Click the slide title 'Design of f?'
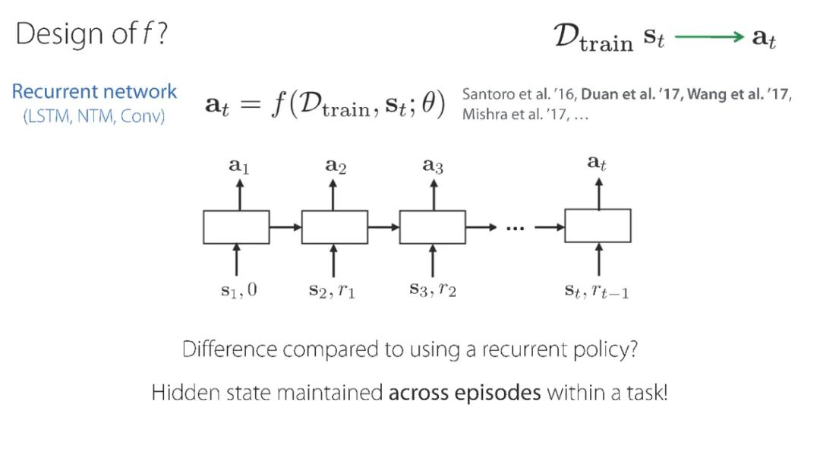tap(92, 35)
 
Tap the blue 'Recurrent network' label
tap(94, 92)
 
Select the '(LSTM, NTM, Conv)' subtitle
tap(94, 117)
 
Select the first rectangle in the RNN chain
tap(236, 227)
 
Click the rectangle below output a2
tap(334, 227)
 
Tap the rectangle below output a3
tap(433, 227)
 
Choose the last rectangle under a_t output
tap(598, 226)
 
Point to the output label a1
tap(238, 166)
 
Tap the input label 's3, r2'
tap(433, 290)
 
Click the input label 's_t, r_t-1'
tap(598, 290)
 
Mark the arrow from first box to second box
tap(285, 226)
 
